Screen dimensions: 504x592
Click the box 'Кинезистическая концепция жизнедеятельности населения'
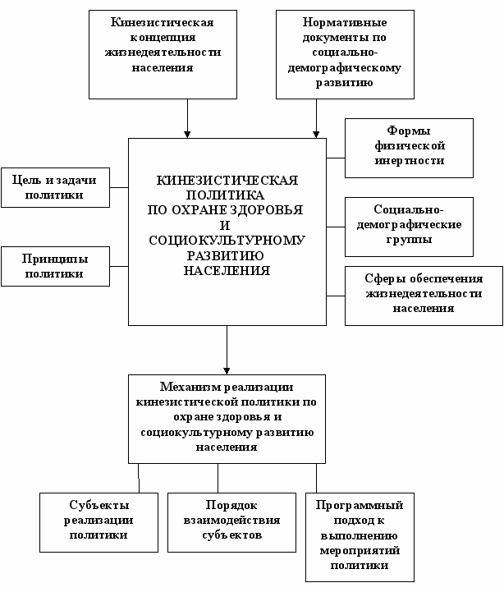click(x=163, y=54)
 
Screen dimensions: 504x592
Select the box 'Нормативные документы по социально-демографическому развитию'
click(x=345, y=54)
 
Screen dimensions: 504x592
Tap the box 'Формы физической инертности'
click(x=409, y=148)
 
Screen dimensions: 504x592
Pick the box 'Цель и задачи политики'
click(x=56, y=188)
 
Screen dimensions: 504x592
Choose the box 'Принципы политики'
click(x=56, y=267)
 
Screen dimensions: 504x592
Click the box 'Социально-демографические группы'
click(x=409, y=227)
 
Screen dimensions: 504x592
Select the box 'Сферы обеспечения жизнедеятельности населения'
click(x=424, y=296)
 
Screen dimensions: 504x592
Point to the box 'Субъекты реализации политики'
click(x=99, y=522)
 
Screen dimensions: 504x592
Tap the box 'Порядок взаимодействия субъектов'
click(x=231, y=522)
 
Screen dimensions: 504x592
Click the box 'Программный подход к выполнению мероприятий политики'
click(x=360, y=537)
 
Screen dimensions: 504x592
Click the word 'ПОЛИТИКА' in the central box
click(x=226, y=195)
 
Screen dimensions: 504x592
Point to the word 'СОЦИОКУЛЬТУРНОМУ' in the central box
click(x=227, y=241)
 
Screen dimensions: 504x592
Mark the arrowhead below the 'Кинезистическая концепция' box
click(x=187, y=135)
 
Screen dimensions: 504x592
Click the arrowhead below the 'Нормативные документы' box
click(x=316, y=135)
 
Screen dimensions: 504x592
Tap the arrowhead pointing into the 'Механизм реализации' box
click(x=227, y=371)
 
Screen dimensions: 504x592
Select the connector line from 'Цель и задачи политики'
click(x=119, y=188)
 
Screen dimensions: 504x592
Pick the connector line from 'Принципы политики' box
click(x=119, y=267)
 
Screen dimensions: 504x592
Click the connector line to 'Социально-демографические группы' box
click(x=336, y=227)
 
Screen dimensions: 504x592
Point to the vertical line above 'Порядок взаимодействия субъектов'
click(x=218, y=478)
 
